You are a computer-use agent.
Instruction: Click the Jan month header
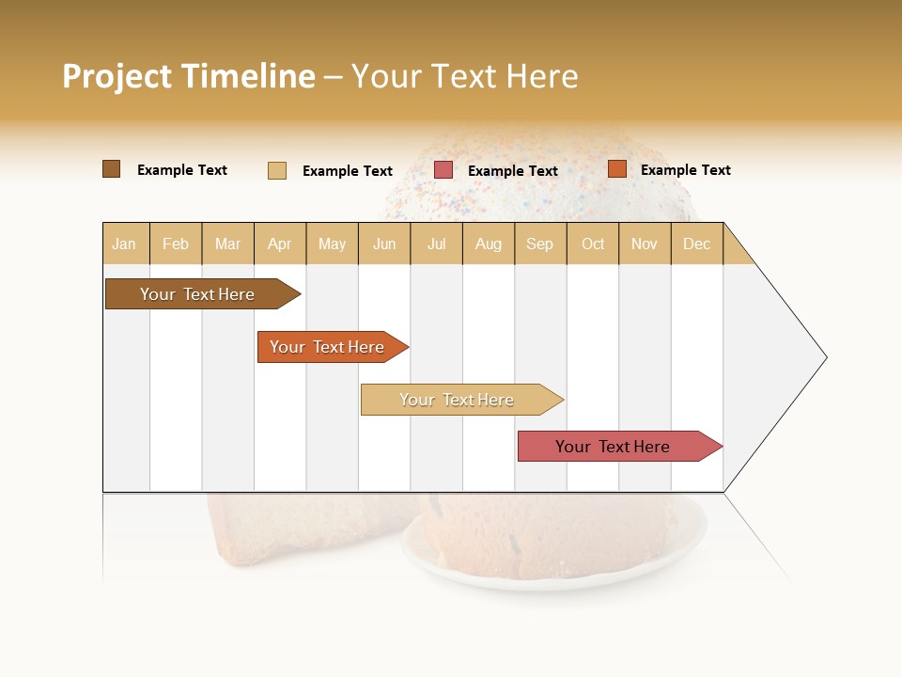click(124, 244)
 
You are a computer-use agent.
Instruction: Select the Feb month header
click(176, 244)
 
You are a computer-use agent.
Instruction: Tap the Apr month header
click(280, 244)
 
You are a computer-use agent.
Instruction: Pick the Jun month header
click(384, 244)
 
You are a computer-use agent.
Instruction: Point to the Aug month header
click(489, 244)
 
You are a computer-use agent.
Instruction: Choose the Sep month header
click(540, 244)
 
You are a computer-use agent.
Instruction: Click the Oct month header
click(593, 244)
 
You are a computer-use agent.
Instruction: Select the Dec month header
click(697, 244)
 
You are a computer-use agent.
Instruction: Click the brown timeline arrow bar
click(198, 294)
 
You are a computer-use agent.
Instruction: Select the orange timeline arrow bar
click(328, 347)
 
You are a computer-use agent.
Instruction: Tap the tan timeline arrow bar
click(458, 400)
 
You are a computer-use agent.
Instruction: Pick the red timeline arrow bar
click(614, 447)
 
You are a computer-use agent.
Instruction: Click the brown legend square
click(112, 169)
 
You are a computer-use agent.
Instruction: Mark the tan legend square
click(277, 170)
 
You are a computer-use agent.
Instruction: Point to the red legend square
click(443, 170)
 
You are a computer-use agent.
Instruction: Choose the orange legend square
click(617, 169)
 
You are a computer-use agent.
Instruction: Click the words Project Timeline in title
click(189, 76)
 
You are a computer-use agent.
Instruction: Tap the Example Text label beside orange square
click(685, 169)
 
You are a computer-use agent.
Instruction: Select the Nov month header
click(645, 244)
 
